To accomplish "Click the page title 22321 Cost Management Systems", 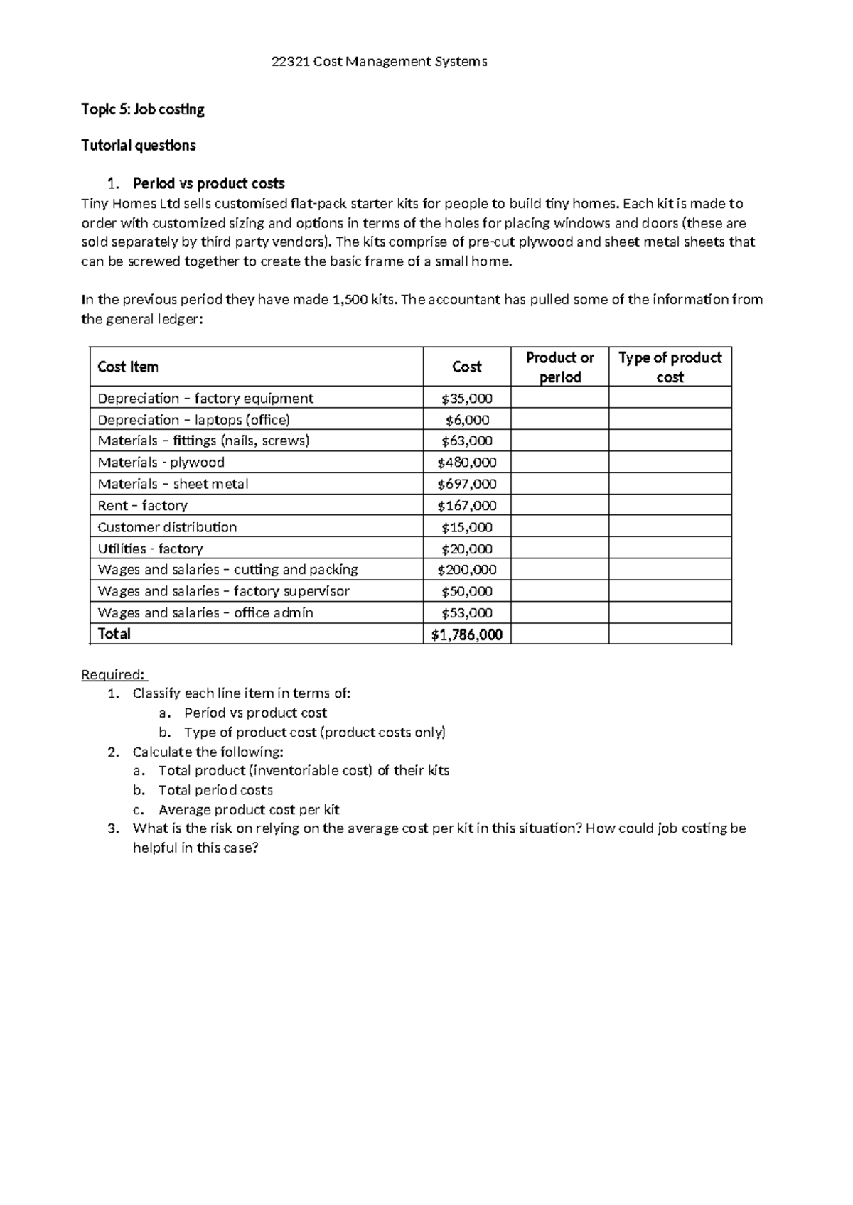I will tap(380, 62).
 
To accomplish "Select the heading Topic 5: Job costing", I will tap(142, 109).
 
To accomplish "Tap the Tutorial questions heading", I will tap(138, 146).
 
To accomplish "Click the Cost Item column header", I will tap(128, 367).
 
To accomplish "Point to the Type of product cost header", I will tap(670, 367).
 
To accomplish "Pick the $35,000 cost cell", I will tap(466, 399).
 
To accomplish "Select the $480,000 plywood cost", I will tap(466, 463).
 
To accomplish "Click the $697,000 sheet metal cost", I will tap(466, 484).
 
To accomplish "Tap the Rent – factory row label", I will tap(142, 506).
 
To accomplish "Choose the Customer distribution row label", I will tap(167, 527).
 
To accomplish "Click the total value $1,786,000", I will tap(466, 634).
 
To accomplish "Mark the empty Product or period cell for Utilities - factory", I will tap(559, 549).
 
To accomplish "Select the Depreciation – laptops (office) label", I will tap(193, 420).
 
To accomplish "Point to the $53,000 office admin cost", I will tap(466, 612).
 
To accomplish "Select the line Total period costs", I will tap(215, 790).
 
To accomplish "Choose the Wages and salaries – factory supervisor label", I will tap(223, 591).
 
